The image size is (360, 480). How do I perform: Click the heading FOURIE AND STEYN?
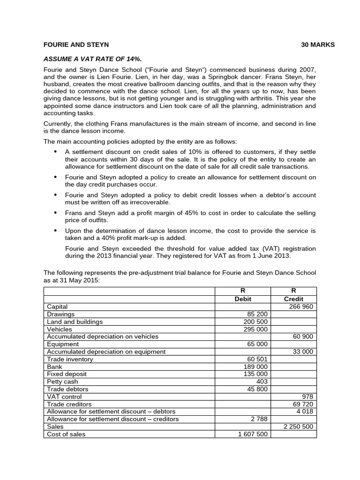tap(76, 45)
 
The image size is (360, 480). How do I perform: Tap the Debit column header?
tap(242, 299)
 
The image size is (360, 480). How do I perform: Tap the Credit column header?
tap(293, 299)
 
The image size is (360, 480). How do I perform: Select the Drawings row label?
tap(60, 314)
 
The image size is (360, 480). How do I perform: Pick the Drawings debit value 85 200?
tap(257, 314)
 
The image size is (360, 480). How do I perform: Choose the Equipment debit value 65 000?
tap(257, 344)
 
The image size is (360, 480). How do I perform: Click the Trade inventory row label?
tap(70, 359)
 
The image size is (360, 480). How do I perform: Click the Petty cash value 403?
tap(262, 382)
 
